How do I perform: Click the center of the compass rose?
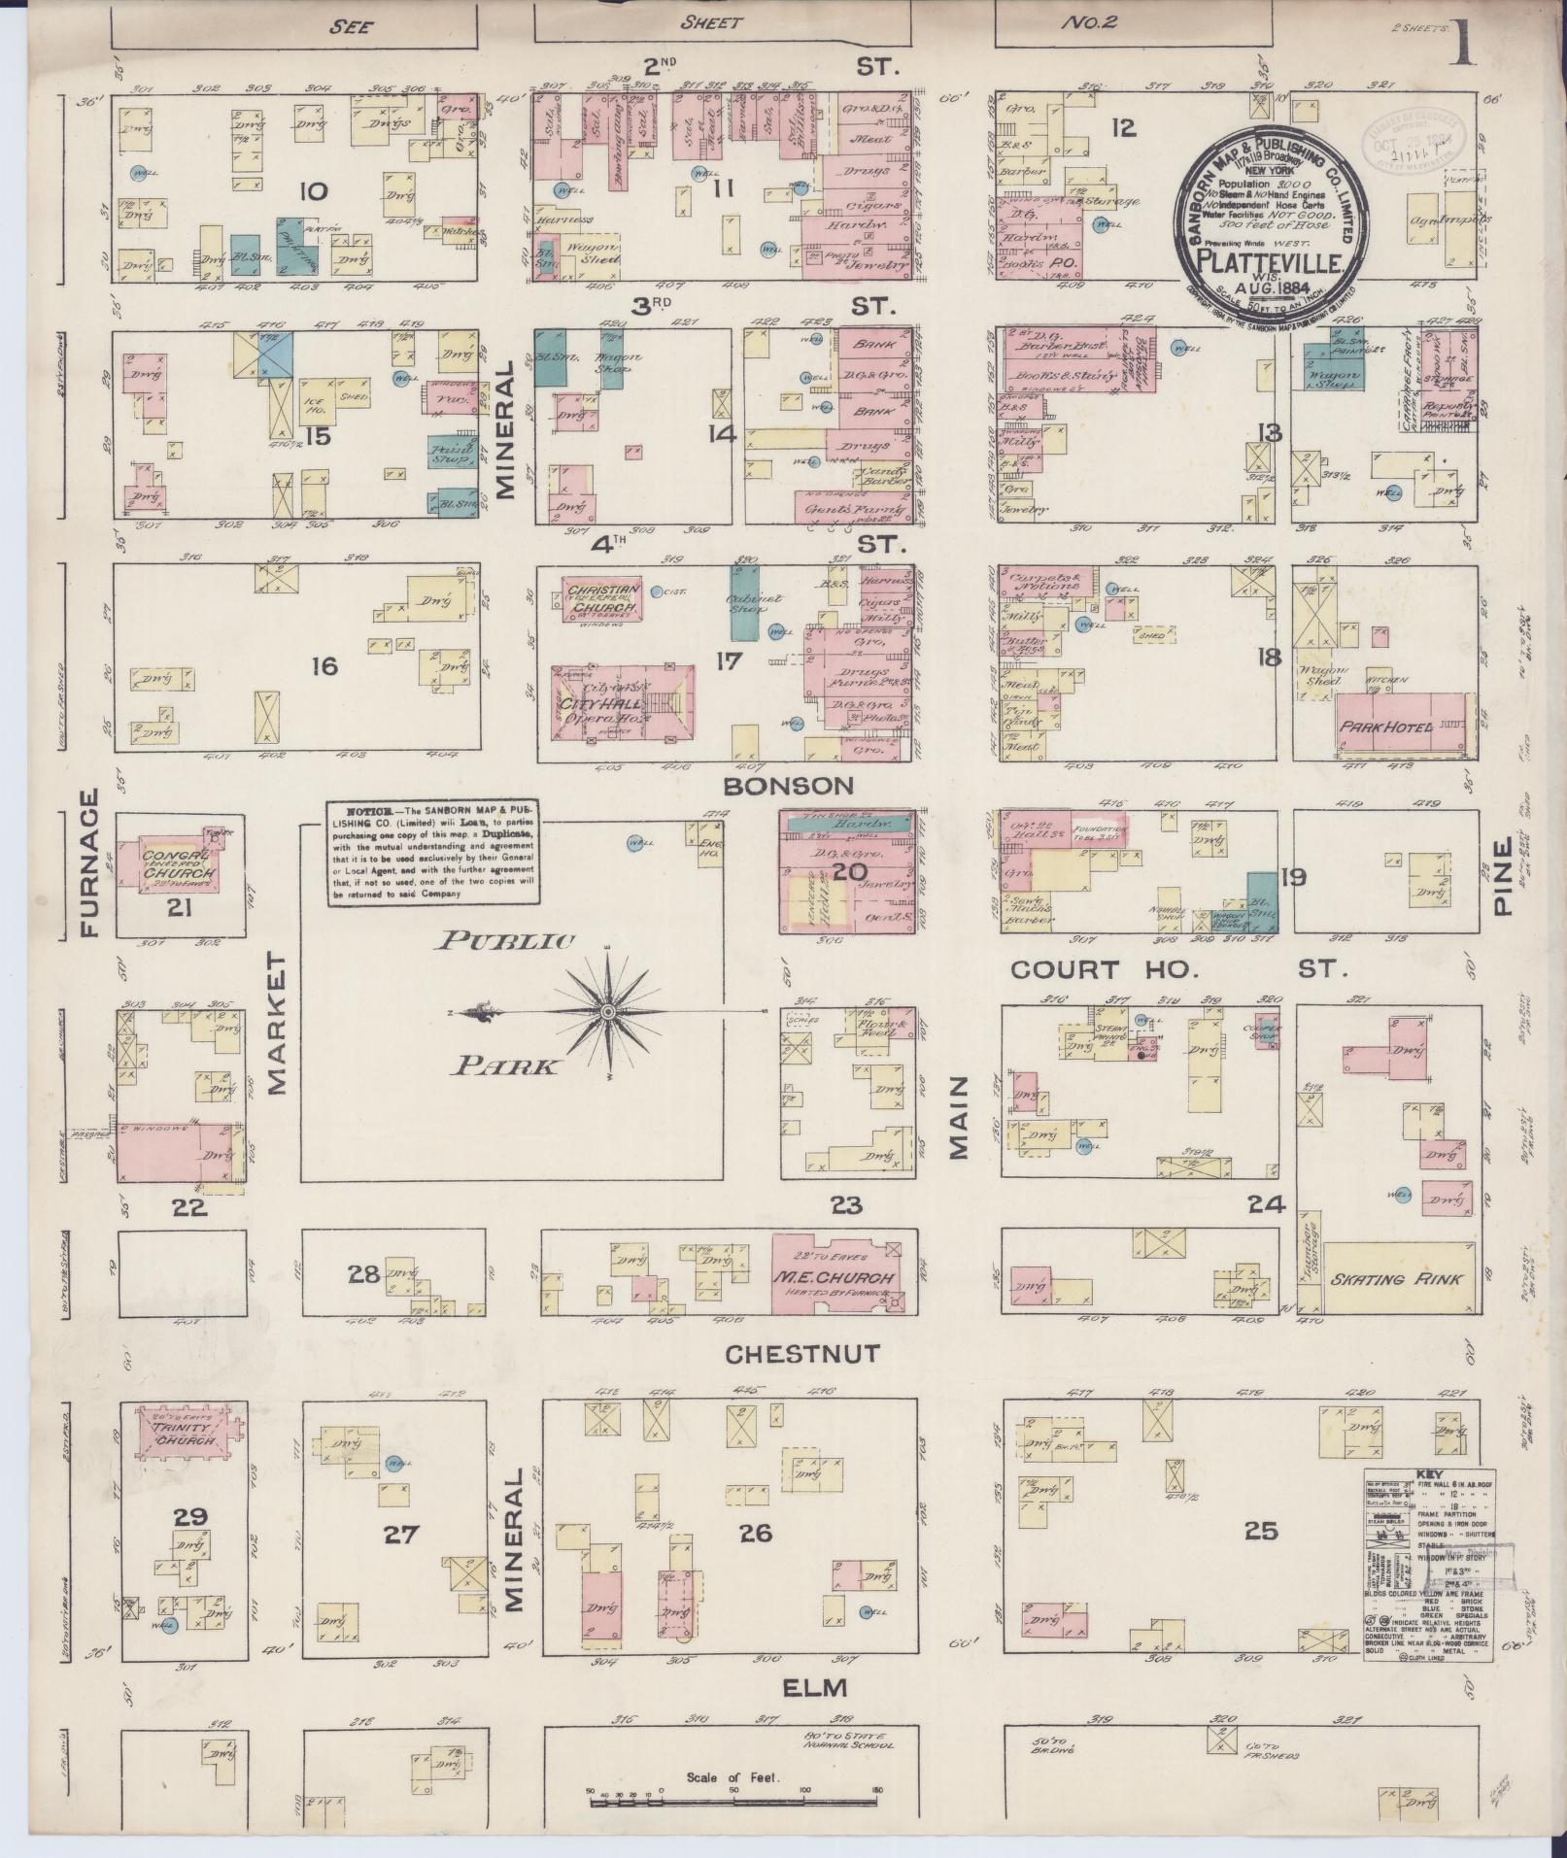pos(607,1011)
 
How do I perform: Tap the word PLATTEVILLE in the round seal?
pos(1269,260)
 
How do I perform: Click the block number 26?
pos(755,1533)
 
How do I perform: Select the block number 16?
pos(324,665)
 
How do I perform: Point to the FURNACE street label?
pos(90,863)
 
